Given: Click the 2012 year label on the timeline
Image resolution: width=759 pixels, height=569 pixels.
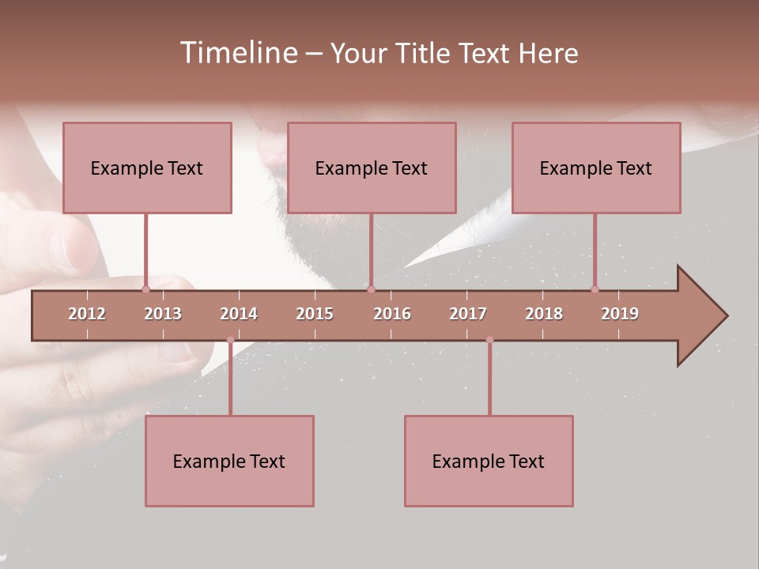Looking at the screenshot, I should [87, 314].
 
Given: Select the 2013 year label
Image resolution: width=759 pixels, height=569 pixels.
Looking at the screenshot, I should [163, 314].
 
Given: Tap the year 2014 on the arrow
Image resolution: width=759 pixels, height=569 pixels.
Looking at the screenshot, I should [239, 314].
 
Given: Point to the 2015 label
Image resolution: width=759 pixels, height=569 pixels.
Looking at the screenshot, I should [315, 314].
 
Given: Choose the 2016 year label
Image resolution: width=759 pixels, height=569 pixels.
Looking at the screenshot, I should [392, 314].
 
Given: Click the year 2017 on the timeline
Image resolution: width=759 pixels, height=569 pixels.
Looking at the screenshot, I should [468, 314].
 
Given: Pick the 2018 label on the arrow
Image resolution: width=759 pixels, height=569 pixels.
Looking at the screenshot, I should [544, 314].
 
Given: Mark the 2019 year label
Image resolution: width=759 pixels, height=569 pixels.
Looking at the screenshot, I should [620, 314].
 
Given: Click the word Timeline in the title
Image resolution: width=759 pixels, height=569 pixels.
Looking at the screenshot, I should [237, 53].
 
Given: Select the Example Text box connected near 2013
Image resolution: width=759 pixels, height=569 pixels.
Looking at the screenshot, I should [147, 168].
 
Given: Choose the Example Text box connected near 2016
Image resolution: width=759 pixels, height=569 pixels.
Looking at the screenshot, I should [372, 168].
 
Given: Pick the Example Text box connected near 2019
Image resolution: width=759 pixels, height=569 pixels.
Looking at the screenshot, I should [596, 168].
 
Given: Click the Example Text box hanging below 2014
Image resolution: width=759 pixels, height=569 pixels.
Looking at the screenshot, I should [229, 461].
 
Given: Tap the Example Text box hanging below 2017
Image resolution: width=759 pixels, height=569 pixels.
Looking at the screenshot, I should [489, 461].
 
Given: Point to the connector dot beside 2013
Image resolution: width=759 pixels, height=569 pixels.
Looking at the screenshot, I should [145, 289].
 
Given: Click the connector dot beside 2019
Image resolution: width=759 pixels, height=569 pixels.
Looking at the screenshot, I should [595, 289].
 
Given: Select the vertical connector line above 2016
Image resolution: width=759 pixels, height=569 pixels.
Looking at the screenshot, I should [371, 249].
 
